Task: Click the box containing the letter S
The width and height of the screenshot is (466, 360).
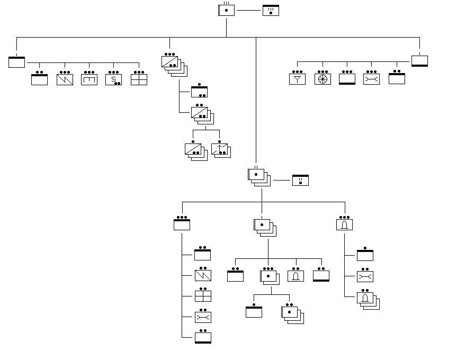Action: pos(113,79)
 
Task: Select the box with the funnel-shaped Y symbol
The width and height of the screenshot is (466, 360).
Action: pos(297,79)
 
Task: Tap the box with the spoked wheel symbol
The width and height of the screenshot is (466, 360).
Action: pos(322,79)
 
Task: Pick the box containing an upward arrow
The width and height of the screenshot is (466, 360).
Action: pos(219,149)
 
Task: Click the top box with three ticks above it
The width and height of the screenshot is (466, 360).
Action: pos(226,10)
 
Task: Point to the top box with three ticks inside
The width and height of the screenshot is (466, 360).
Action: pos(271,10)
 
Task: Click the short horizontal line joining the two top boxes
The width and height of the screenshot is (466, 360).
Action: pos(248,10)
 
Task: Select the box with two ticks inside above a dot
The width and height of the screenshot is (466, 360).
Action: pos(300,180)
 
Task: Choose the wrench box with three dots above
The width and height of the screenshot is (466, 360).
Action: pos(371,79)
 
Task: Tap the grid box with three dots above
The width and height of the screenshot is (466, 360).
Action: pos(139,79)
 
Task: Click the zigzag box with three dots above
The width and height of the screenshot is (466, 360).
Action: pos(65,79)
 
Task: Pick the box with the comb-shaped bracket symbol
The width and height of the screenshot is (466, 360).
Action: pos(89,79)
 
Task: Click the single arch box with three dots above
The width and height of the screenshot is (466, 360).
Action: pos(344,224)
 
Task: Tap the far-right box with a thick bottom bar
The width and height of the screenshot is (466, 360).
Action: pos(419,61)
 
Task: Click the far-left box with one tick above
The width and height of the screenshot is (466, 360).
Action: pos(17,61)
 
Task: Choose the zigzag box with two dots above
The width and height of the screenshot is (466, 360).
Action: pos(202,275)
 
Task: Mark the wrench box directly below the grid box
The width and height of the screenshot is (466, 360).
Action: pos(202,317)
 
